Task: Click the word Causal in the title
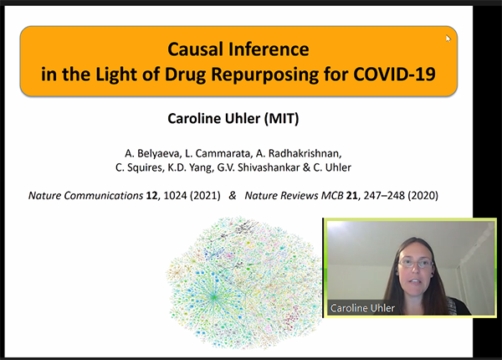(195, 49)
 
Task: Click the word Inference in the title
(269, 49)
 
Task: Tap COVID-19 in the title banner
(394, 74)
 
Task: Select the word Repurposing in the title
(264, 75)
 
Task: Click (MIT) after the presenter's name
(281, 119)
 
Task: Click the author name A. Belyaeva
(153, 154)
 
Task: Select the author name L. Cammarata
(218, 154)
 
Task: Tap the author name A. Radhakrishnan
(299, 154)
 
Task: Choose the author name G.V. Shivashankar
(259, 167)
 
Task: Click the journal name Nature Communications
(85, 195)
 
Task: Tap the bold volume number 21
(352, 195)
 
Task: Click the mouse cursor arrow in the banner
(448, 39)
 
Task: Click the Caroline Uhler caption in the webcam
(362, 308)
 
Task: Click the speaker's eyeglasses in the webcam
(416, 264)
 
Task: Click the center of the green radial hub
(213, 297)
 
